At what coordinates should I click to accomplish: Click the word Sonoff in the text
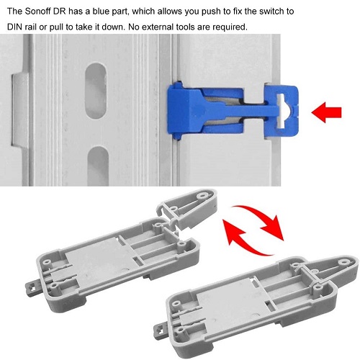pos(37,12)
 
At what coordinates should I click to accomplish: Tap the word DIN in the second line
pos(14,27)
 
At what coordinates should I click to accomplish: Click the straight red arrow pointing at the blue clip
pos(326,112)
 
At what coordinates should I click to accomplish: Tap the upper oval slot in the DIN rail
pos(96,91)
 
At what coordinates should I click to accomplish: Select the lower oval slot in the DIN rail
pos(98,166)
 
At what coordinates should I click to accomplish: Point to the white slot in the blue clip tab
pos(282,111)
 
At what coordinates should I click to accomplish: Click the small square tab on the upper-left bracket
pos(32,288)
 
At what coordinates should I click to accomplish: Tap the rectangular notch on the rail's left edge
pos(19,109)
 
